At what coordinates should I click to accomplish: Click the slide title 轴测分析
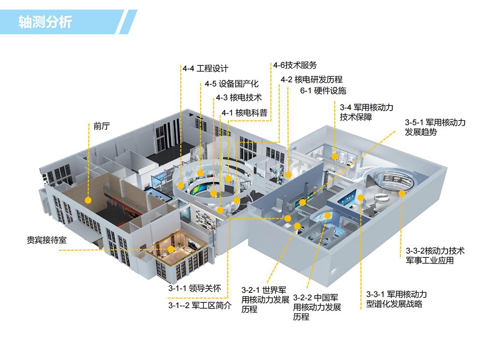[x=45, y=22]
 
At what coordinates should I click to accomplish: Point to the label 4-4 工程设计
[x=206, y=69]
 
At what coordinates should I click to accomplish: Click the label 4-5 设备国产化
[x=232, y=84]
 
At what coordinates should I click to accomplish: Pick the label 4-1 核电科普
[x=244, y=113]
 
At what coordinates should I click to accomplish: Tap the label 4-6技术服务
[x=295, y=65]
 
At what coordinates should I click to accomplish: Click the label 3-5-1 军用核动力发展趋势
[x=435, y=127]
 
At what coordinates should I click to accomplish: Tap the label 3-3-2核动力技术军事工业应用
[x=435, y=256]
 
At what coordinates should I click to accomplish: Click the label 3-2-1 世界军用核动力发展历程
[x=265, y=299]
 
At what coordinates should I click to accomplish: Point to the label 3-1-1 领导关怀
[x=195, y=288]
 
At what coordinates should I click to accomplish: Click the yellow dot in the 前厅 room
[x=88, y=200]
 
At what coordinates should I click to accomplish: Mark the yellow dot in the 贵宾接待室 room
[x=171, y=249]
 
